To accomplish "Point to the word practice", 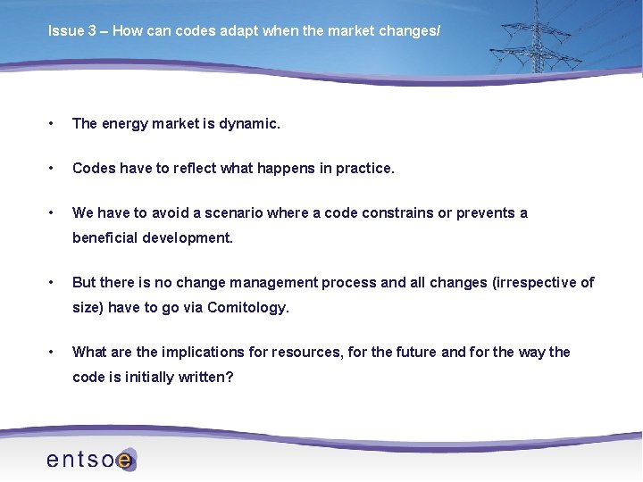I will [364, 168].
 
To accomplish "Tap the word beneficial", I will [105, 237].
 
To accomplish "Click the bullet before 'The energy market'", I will [53, 124].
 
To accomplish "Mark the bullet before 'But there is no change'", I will [53, 282].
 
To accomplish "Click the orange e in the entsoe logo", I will [125, 461].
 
